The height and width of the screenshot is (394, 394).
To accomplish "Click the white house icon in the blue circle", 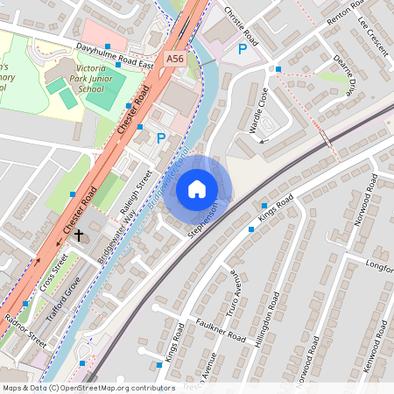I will pos(197,189).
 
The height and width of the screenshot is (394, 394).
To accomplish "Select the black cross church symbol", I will pos(79,235).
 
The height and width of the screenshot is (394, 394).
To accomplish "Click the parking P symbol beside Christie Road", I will pos(243,50).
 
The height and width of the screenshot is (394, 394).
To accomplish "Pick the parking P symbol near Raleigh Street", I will pos(160,137).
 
